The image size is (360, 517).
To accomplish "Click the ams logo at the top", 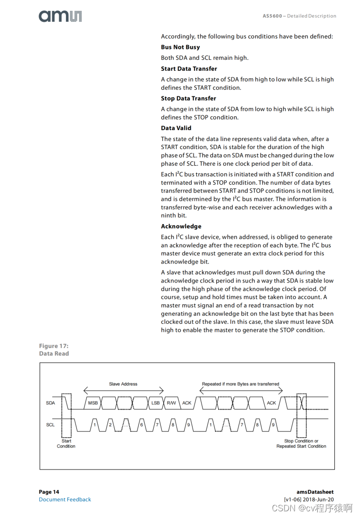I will coord(60,16).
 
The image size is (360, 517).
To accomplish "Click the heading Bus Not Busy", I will coord(180,47).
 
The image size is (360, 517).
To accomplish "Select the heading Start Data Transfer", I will coord(189,69).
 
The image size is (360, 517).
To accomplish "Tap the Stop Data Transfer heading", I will coord(188,98).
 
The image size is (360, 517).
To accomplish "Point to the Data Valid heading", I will coord(175,128).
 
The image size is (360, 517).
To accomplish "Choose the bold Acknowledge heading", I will coord(181,226).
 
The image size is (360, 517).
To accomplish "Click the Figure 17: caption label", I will coord(54,346).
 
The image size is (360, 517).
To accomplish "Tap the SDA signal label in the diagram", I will coord(50,403).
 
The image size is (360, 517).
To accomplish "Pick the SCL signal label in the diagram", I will coord(50,425).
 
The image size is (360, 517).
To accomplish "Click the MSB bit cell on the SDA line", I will coord(93,403).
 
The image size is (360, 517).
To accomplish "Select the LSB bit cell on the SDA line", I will coord(156,403).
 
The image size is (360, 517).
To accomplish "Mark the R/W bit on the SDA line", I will coord(171,403).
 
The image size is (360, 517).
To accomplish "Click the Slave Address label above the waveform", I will coord(123,384).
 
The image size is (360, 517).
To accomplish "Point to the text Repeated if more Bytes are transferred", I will coord(240,384).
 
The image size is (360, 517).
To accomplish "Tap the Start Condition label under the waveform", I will coord(66,443).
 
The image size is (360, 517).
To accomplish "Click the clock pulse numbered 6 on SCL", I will coord(141,425).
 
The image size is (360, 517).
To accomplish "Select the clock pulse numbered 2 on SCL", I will coord(110,425).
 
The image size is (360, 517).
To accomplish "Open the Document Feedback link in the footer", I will coord(65,499).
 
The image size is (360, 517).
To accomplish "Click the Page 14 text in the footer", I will coord(49,492).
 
